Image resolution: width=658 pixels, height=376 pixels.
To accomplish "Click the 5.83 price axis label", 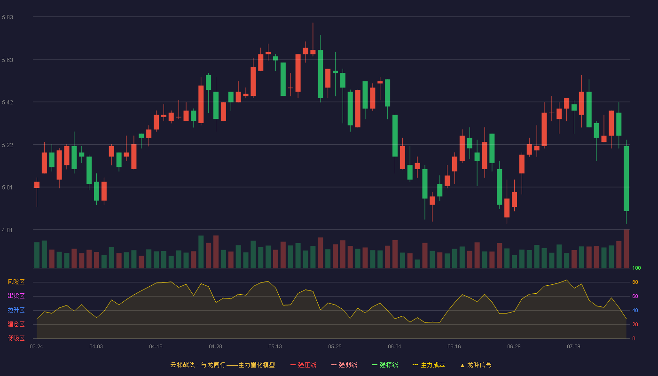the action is coord(8,17).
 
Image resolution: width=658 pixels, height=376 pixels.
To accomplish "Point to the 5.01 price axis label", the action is coord(8,188).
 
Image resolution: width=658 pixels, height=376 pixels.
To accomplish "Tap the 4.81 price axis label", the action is coord(8,230).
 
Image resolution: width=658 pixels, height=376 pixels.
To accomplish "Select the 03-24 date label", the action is coord(37,347).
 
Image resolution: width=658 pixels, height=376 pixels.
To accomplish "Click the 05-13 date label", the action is coord(275,347).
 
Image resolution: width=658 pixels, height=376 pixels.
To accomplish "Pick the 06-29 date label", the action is coord(514,347).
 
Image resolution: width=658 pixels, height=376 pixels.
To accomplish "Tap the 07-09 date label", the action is coord(573,347).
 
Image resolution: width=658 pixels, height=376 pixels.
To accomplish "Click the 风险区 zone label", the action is coord(16,282).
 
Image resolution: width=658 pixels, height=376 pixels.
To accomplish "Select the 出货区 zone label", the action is coord(16,296).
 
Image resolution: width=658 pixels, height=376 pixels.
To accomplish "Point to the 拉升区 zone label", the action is coord(16,310).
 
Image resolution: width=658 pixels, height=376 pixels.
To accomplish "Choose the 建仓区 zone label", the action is coord(16,324).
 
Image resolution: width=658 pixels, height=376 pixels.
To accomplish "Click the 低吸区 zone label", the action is coord(16,338).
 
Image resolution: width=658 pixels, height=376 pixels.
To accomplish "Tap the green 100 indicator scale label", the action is coord(636,268).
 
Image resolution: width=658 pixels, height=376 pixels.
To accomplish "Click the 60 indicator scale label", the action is coord(635,296).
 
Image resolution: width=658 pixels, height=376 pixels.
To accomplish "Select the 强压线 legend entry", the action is coord(303,365).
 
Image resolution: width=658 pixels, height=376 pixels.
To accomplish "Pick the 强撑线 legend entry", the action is coord(385,365).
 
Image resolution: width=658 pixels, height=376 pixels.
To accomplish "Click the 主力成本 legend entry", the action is coord(429,365).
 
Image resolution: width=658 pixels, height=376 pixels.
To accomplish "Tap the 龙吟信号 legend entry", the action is coord(476,365).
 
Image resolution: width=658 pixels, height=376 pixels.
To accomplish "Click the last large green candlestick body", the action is coord(626,179).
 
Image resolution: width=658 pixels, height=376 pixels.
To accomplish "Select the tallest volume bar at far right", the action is coord(626,249).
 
